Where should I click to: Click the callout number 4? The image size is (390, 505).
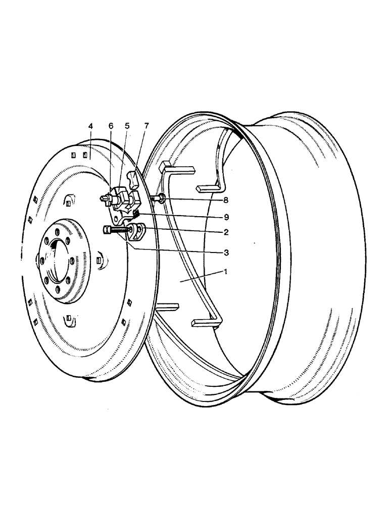[x=90, y=126]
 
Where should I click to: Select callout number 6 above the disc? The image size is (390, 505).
[x=111, y=126]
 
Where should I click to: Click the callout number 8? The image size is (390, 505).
[x=226, y=200]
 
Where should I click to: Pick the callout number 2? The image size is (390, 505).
[x=226, y=233]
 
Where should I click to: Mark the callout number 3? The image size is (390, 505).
[x=226, y=251]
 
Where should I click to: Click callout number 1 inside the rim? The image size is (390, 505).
[x=226, y=271]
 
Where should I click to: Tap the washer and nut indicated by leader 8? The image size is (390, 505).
[x=160, y=199]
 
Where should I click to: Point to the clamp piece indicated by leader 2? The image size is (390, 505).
[x=138, y=233]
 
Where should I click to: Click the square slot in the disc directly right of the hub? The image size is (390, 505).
[x=100, y=260]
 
